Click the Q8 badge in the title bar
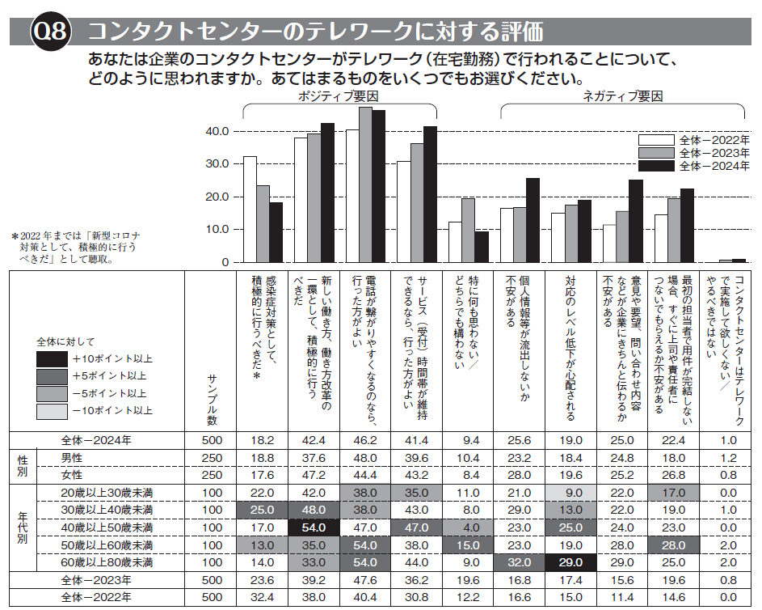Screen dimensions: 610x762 click(50, 32)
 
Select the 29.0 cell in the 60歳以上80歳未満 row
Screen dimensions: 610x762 click(570, 561)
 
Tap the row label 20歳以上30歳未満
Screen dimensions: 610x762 click(96, 492)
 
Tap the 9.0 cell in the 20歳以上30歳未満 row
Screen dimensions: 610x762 click(570, 492)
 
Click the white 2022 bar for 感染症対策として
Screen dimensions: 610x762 click(250, 209)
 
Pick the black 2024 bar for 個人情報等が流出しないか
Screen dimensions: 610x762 click(533, 220)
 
